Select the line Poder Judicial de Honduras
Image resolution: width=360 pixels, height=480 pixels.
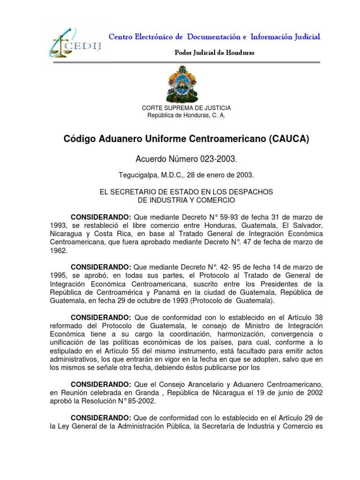click(214, 52)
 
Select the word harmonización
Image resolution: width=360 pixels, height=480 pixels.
click(218, 334)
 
